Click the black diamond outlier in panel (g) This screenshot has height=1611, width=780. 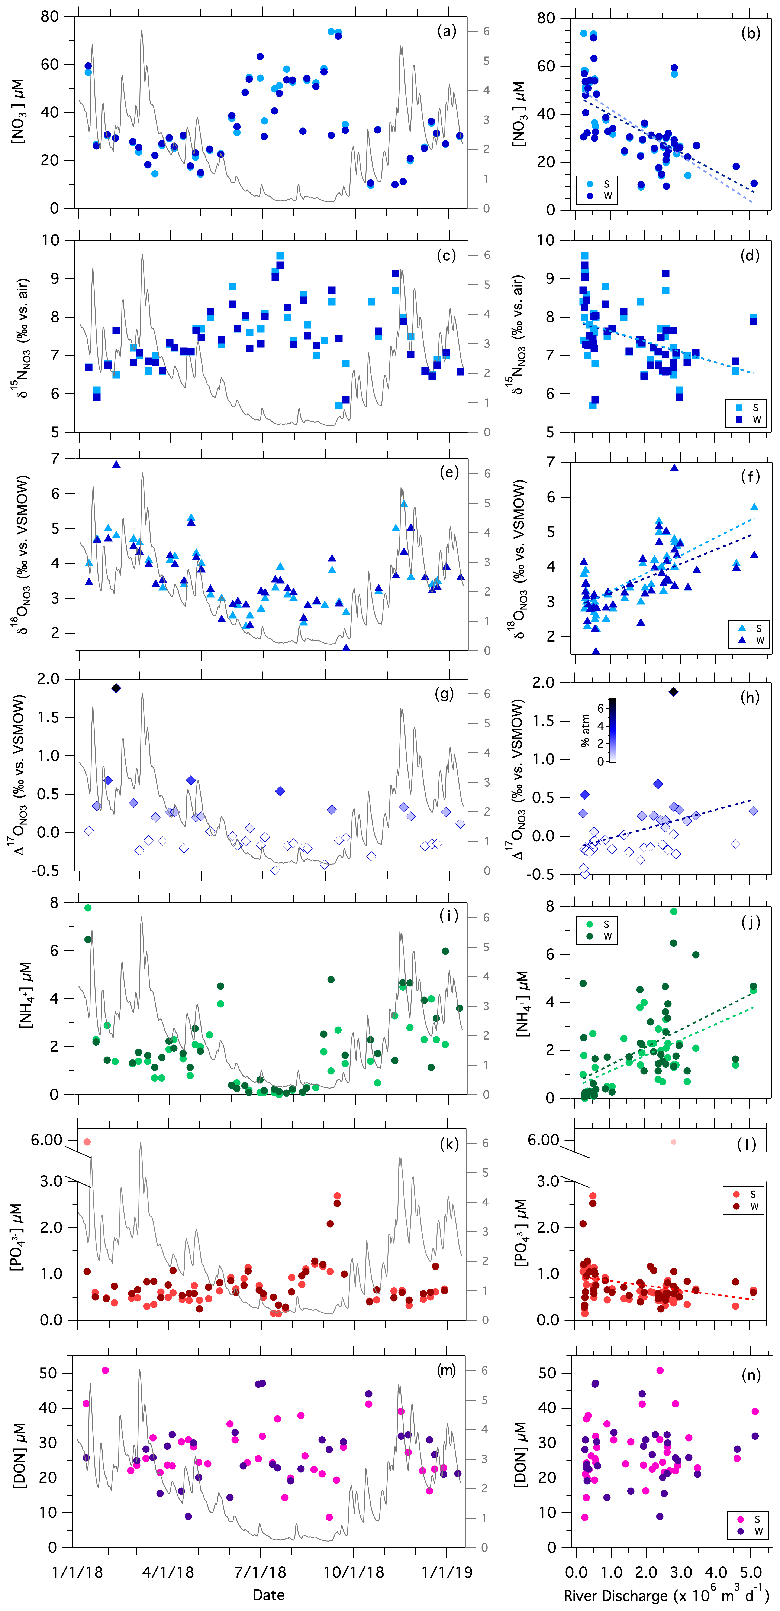116,688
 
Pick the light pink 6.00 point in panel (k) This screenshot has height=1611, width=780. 87,1142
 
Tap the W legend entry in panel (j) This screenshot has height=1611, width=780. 599,936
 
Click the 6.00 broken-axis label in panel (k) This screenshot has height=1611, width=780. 47,1140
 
